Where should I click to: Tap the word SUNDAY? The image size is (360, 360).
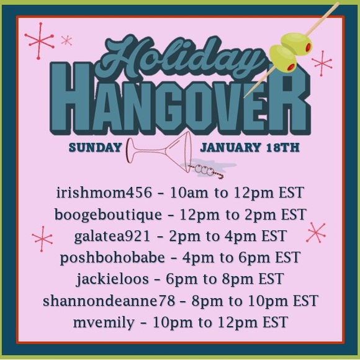click(95, 148)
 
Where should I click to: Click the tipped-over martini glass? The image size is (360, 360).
click(158, 152)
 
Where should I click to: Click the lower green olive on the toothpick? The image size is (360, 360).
click(282, 58)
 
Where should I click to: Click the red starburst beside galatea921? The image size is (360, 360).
click(43, 238)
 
